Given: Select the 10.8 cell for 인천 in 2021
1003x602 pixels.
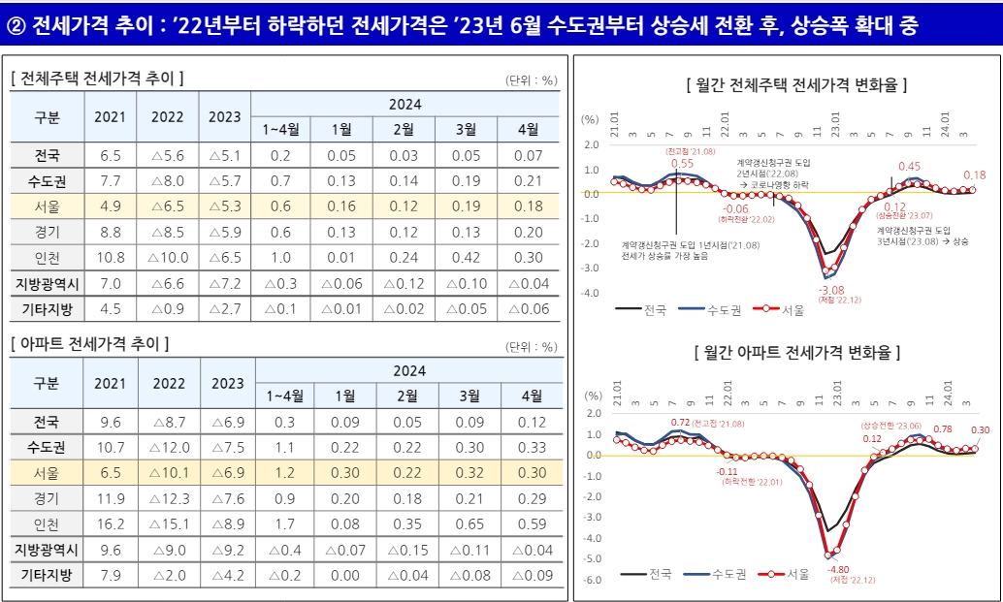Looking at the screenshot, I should point(113,257).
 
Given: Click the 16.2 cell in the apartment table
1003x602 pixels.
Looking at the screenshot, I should point(113,524).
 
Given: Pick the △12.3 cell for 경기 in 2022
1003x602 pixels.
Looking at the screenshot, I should point(168,499).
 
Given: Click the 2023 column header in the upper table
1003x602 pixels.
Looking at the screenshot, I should point(225,117).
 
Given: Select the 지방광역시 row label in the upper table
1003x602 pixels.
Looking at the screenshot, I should point(47,283).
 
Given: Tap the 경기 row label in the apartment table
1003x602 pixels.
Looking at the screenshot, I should point(47,499).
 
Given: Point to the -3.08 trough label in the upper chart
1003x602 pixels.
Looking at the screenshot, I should point(831,290).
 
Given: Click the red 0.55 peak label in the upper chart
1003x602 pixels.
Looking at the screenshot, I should point(682,164).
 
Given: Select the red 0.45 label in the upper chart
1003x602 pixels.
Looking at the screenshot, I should point(909,167).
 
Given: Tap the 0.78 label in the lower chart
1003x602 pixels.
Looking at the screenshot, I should point(942,429).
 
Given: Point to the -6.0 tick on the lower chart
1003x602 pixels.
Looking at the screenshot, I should point(591,580).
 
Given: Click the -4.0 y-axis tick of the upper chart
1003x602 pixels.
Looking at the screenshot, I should point(591,293).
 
